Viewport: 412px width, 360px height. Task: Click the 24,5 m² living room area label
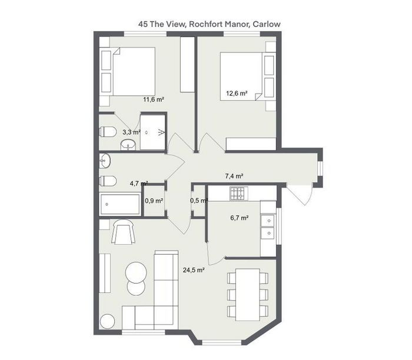click(x=194, y=270)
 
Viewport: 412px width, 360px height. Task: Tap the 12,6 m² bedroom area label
click(x=237, y=93)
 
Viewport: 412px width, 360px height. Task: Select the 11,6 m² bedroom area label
click(x=154, y=99)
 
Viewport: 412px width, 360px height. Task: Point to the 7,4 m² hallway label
click(x=234, y=176)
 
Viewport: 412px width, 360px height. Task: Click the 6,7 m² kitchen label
click(x=240, y=218)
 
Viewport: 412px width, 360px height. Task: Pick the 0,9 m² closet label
click(x=154, y=201)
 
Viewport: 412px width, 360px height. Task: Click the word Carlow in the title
click(x=267, y=24)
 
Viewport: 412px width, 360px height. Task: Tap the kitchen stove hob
click(x=239, y=194)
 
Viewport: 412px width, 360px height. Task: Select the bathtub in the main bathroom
click(x=119, y=204)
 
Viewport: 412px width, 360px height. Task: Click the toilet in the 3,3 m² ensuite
click(x=108, y=132)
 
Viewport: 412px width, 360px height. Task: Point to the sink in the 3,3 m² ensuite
click(x=128, y=145)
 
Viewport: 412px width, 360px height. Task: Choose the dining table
click(x=248, y=294)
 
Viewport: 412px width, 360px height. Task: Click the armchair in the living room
click(x=124, y=231)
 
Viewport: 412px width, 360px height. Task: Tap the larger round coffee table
click(x=136, y=272)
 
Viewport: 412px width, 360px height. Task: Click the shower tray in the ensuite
click(x=152, y=132)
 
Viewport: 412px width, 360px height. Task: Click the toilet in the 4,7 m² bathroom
click(x=108, y=181)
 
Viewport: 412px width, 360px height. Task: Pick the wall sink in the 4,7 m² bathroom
click(x=105, y=161)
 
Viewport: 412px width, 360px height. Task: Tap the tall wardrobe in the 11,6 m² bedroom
click(x=187, y=64)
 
